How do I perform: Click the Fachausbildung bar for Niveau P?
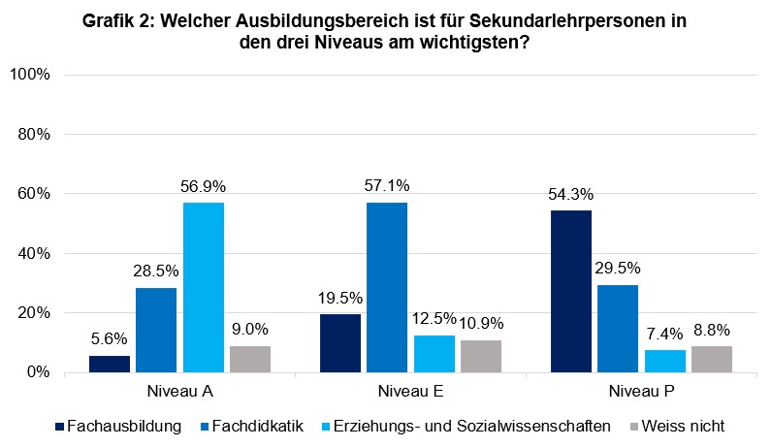[570, 291]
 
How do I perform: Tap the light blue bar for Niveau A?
[203, 287]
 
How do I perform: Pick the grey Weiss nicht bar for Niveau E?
[480, 356]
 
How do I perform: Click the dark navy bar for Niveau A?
[110, 364]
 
